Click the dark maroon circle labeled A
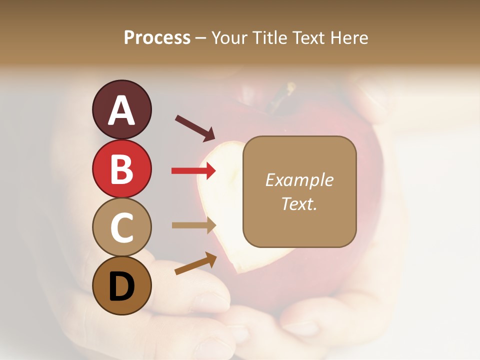click(x=121, y=109)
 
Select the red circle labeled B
click(x=121, y=168)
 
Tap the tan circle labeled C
click(x=121, y=227)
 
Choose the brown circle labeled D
click(x=121, y=285)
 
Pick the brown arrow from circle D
click(x=195, y=263)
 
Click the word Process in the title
click(x=157, y=38)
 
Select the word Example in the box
click(x=299, y=180)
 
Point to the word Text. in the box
click(x=299, y=203)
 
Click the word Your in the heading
click(x=230, y=38)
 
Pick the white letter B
click(x=121, y=169)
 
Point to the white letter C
click(x=121, y=227)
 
